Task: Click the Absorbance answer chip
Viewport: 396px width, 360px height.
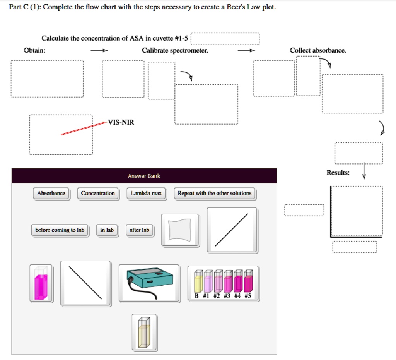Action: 51,193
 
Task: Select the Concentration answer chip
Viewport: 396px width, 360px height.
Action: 98,193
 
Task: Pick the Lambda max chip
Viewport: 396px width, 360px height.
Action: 146,193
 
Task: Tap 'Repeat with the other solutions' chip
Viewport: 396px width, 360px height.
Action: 214,193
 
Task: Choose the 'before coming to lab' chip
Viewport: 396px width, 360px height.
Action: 60,230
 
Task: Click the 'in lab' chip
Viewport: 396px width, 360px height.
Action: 107,230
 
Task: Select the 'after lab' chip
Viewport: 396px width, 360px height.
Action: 139,230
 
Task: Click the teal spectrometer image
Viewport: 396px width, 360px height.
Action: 149,283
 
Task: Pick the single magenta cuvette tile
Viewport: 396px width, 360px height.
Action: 41,283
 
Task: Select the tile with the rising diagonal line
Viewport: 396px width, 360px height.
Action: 232,230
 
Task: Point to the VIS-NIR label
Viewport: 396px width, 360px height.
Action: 121,122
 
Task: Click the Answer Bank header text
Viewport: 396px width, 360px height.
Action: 144,176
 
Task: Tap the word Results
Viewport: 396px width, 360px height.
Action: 338,173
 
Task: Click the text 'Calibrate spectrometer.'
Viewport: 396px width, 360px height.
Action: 175,50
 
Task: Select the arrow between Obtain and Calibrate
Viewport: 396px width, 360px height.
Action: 99,51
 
